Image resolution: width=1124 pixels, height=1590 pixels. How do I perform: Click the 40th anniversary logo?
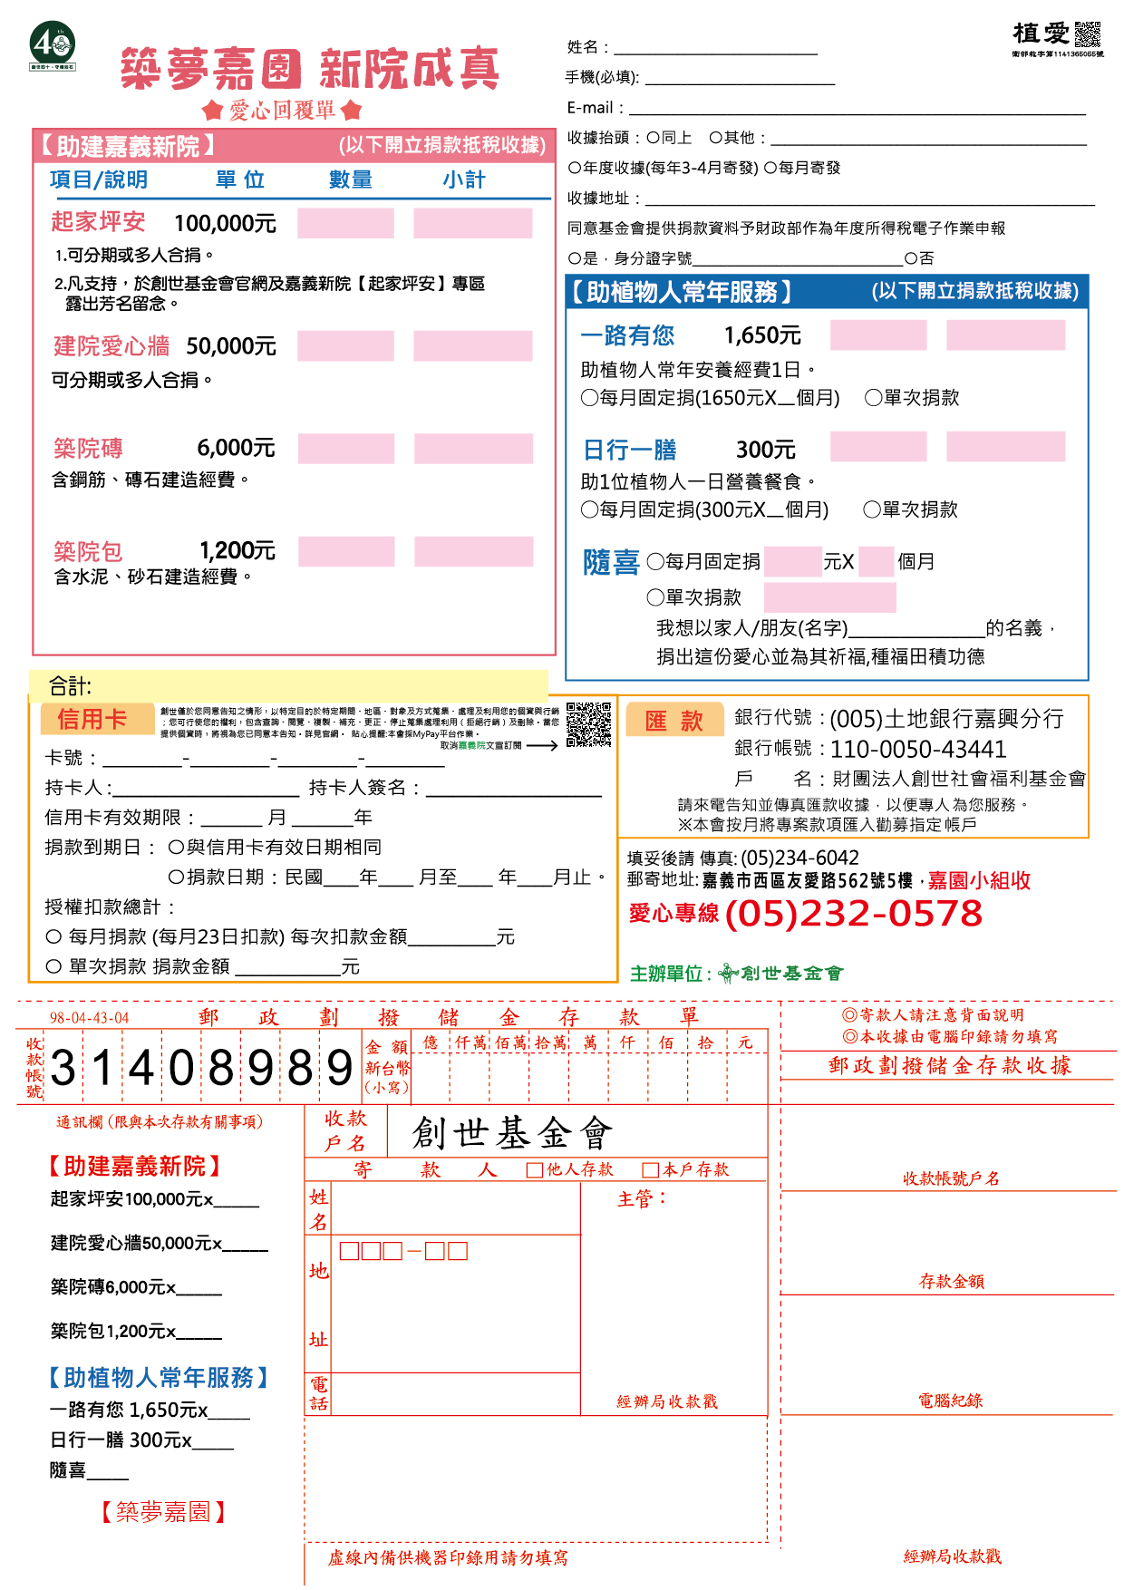[x=53, y=45]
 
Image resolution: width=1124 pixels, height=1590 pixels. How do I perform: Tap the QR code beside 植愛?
[x=1087, y=34]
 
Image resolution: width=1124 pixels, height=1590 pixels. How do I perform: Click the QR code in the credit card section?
[x=588, y=723]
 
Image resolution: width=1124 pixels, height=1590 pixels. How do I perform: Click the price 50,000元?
[x=231, y=346]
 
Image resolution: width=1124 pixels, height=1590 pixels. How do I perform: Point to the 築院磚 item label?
[x=88, y=449]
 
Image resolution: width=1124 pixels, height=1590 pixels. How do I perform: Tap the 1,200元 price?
[x=237, y=551]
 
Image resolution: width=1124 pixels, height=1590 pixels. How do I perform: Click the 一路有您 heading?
[x=627, y=336]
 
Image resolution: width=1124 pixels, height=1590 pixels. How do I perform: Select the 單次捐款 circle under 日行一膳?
[x=872, y=509]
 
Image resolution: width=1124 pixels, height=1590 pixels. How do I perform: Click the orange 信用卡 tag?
[x=92, y=720]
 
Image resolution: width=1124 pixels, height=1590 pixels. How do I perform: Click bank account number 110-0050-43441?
[x=918, y=750]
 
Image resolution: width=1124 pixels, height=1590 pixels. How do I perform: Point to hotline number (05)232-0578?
[x=853, y=914]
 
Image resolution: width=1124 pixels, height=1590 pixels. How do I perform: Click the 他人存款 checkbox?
[x=535, y=1170]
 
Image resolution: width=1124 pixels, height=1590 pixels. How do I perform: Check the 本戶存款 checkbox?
[x=650, y=1170]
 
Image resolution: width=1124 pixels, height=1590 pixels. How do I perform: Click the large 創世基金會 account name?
[x=512, y=1133]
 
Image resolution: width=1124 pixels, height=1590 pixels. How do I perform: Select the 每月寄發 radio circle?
[x=770, y=168]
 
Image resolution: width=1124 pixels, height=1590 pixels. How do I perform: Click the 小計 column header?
[x=464, y=180]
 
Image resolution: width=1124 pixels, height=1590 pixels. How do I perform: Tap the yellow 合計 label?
[x=70, y=686]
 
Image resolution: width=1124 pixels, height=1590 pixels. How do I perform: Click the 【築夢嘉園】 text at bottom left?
[x=163, y=1511]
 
